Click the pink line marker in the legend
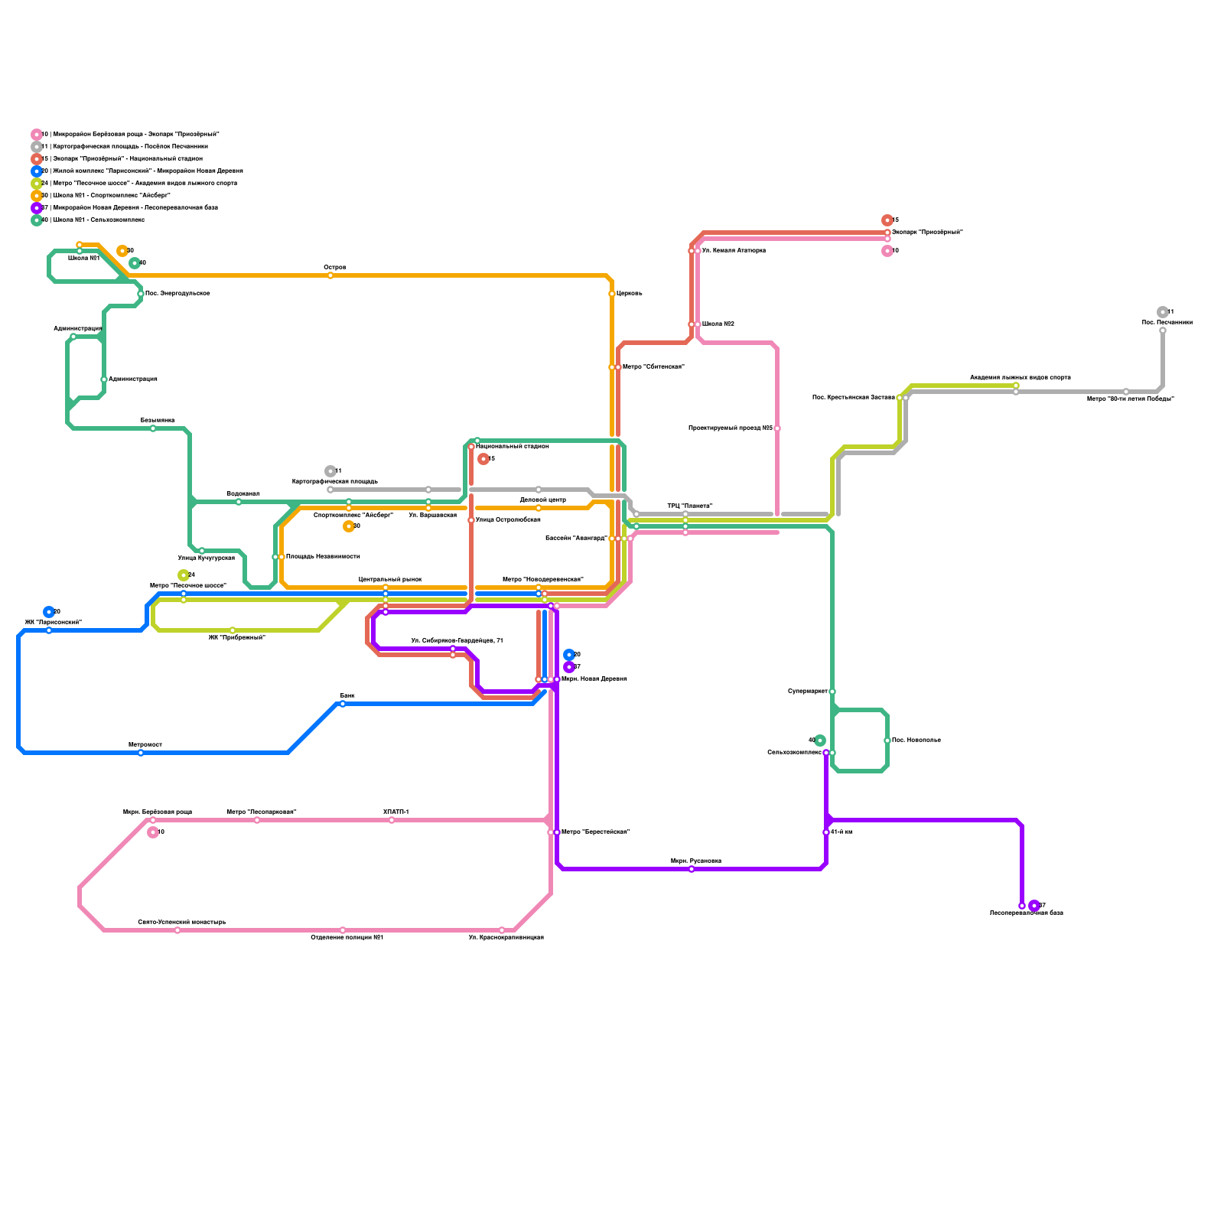(x=37, y=135)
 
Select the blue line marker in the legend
(x=37, y=171)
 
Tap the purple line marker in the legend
(x=37, y=208)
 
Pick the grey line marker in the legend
(x=37, y=147)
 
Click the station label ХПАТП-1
(x=396, y=812)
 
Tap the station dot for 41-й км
(x=826, y=832)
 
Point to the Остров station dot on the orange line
(x=330, y=275)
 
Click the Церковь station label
(x=630, y=294)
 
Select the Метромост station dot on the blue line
(x=141, y=753)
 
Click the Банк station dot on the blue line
(x=343, y=704)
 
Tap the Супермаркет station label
(x=808, y=692)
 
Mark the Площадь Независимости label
(x=323, y=557)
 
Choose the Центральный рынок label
(x=390, y=579)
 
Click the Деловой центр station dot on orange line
(x=539, y=508)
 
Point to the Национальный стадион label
(x=513, y=446)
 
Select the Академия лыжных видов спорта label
(x=1021, y=377)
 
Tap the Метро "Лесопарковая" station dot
(x=257, y=820)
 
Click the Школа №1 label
(x=84, y=259)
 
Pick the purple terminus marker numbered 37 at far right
(x=1034, y=906)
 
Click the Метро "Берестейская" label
(x=595, y=832)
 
